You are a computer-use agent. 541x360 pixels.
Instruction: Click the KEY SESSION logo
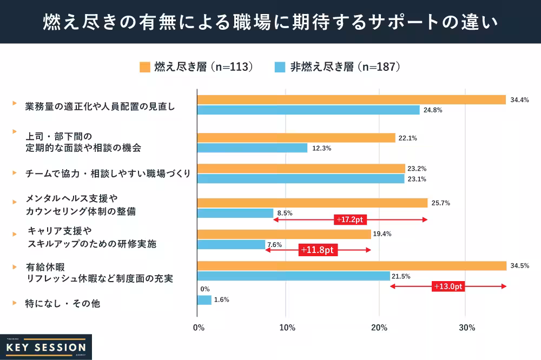[x=46, y=346]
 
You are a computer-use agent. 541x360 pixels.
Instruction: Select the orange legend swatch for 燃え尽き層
[x=144, y=67]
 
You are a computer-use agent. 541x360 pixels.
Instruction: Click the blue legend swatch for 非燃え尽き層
[x=280, y=67]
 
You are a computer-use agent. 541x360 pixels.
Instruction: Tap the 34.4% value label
[x=519, y=100]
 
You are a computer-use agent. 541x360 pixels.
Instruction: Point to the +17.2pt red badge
[x=351, y=219]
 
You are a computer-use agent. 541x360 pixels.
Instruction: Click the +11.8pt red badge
[x=318, y=250]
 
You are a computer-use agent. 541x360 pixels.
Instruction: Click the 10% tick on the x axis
[x=287, y=328]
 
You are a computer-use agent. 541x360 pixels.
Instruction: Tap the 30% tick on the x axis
[x=467, y=328]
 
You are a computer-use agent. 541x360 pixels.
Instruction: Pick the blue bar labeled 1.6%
[x=204, y=299]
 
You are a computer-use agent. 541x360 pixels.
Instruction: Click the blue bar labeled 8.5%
[x=235, y=213]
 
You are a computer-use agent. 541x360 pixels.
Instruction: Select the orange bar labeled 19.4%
[x=284, y=234]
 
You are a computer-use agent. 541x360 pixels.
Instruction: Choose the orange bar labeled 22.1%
[x=296, y=138]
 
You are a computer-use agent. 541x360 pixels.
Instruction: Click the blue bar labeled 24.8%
[x=308, y=110]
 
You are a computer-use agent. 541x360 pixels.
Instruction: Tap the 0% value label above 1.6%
[x=205, y=289]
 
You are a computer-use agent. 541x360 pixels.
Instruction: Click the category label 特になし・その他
[x=63, y=304]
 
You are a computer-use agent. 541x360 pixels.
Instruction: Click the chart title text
[x=270, y=22]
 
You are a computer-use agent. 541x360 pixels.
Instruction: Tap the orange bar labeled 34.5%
[x=352, y=265]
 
